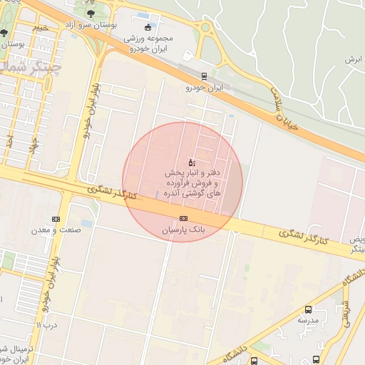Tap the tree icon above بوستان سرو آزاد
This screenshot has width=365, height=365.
point(90,14)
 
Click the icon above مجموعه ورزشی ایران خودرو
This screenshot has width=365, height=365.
point(148,28)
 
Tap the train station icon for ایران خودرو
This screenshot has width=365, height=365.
point(205,76)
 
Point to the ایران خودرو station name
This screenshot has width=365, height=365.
point(205,88)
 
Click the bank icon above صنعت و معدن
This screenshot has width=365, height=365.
point(56,219)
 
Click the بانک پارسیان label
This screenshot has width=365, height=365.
point(182,230)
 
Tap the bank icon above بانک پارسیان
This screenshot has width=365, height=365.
point(183,217)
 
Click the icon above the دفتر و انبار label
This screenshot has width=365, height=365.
point(190,163)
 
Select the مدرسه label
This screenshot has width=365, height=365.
point(307,321)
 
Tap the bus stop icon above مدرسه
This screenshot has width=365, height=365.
point(308,309)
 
